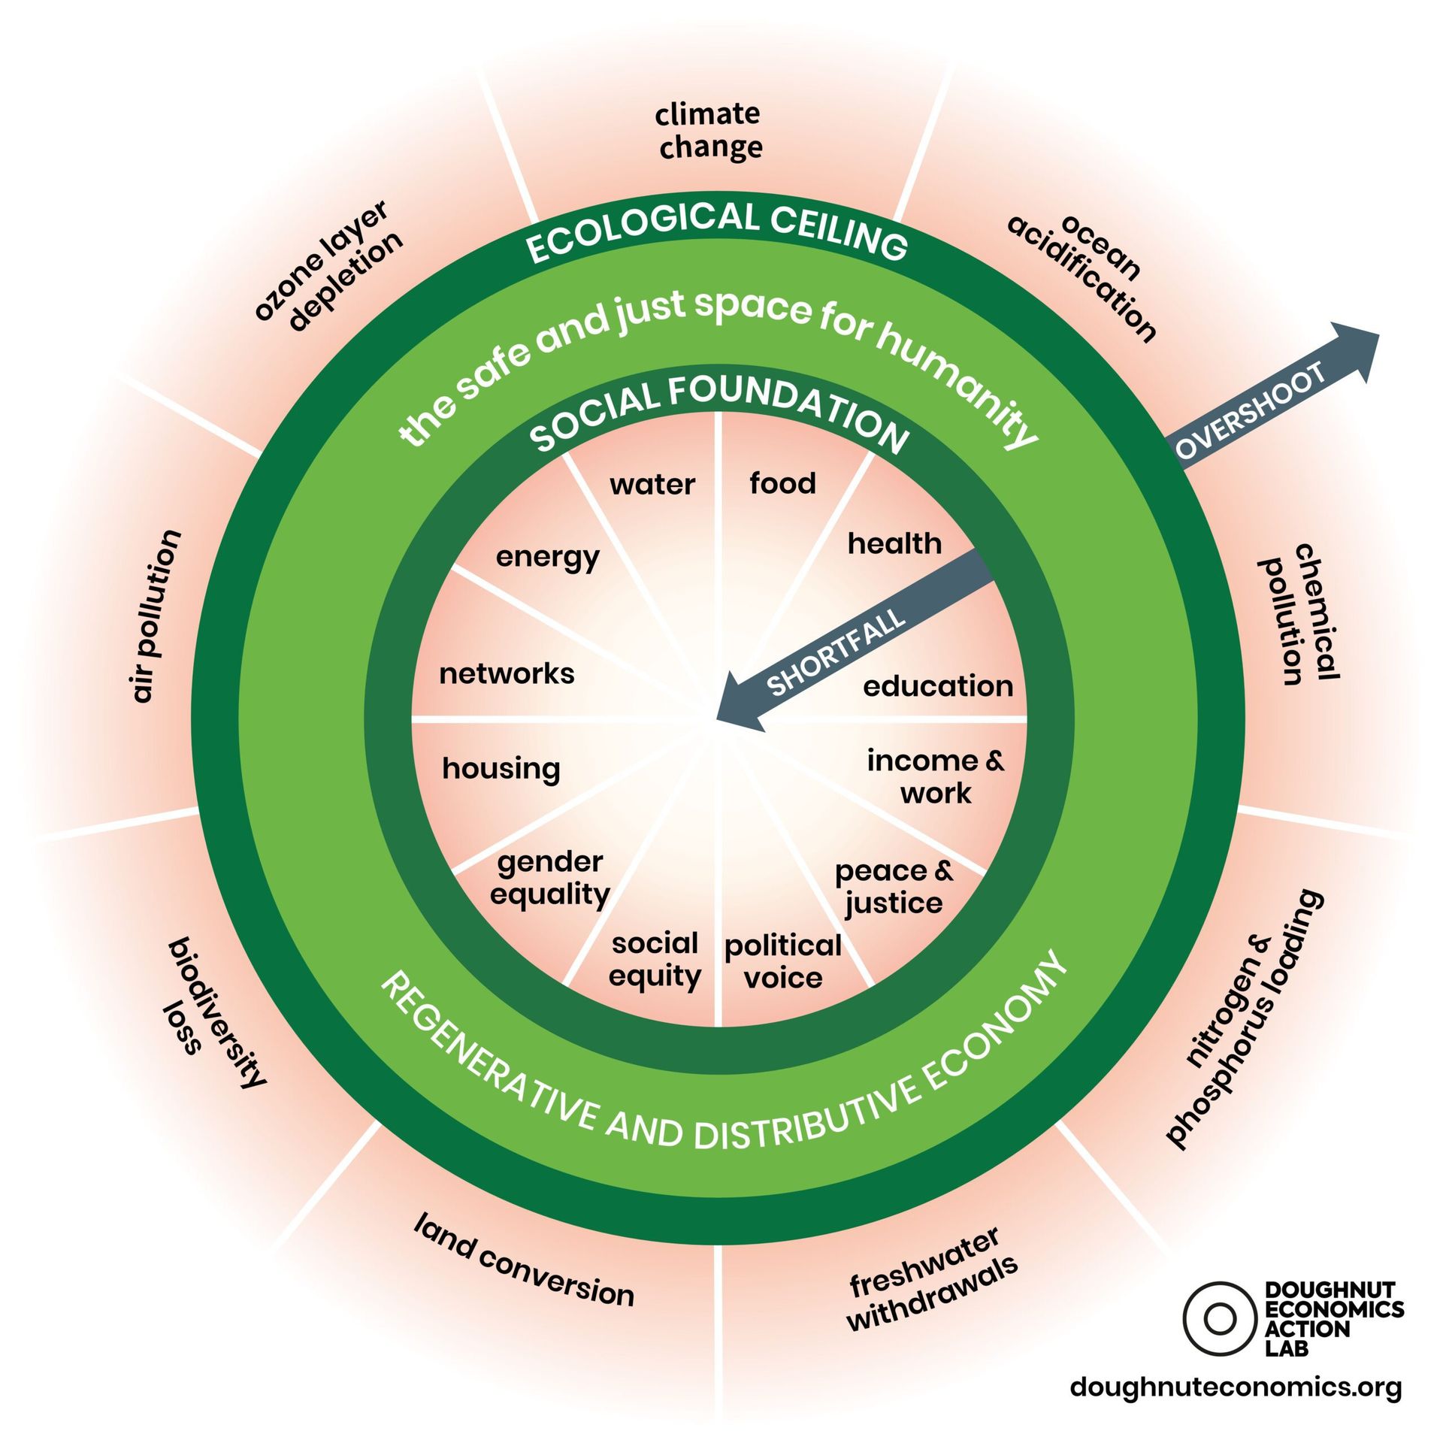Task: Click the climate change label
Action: [x=709, y=131]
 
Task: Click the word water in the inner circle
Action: [x=652, y=485]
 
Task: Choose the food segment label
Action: [x=782, y=483]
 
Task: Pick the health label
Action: [x=894, y=543]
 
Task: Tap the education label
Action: [x=938, y=685]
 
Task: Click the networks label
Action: [x=507, y=673]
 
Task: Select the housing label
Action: [x=501, y=769]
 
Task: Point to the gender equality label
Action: [x=549, y=878]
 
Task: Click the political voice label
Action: [x=782, y=961]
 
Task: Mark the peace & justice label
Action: [x=894, y=887]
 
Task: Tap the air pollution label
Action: [x=156, y=616]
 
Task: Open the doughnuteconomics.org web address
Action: [x=1236, y=1387]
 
